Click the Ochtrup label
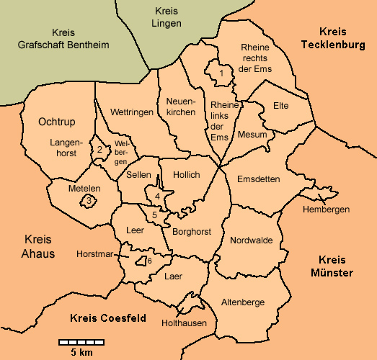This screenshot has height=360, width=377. [57, 122]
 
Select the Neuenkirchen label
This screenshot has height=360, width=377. [180, 107]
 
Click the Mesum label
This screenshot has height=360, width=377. [252, 135]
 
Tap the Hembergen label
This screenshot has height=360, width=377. [327, 210]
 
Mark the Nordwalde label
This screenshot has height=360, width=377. [252, 240]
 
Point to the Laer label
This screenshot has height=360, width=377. [174, 276]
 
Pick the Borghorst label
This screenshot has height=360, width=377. [190, 231]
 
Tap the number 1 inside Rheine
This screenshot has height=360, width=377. [221, 73]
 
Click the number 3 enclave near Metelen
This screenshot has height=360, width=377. [88, 201]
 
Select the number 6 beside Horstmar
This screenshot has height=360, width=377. [149, 261]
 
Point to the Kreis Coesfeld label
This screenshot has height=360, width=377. [108, 318]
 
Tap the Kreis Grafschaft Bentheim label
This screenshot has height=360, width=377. [68, 39]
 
